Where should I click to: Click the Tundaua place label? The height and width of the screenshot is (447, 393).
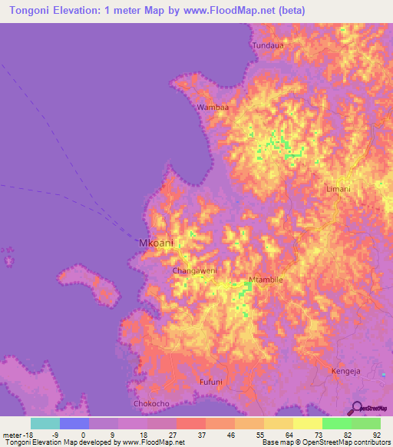tap(268, 45)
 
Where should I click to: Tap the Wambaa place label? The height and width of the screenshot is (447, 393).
tap(213, 108)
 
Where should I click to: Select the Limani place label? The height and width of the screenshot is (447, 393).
tap(338, 189)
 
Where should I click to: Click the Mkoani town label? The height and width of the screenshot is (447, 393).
tap(157, 243)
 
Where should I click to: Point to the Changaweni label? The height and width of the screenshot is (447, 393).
tap(195, 271)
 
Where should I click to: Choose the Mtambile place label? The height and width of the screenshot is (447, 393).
tap(266, 280)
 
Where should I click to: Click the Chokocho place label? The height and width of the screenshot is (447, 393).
tap(151, 402)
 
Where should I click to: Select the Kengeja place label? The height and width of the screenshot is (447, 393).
tap(345, 371)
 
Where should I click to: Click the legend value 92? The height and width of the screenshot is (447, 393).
tap(376, 434)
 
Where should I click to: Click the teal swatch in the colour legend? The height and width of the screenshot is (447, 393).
tap(45, 423)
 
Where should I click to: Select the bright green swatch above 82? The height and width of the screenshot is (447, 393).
tap(336, 423)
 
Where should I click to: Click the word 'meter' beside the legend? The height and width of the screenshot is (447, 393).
tap(12, 434)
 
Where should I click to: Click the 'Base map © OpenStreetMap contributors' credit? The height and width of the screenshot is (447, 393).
tap(324, 442)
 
